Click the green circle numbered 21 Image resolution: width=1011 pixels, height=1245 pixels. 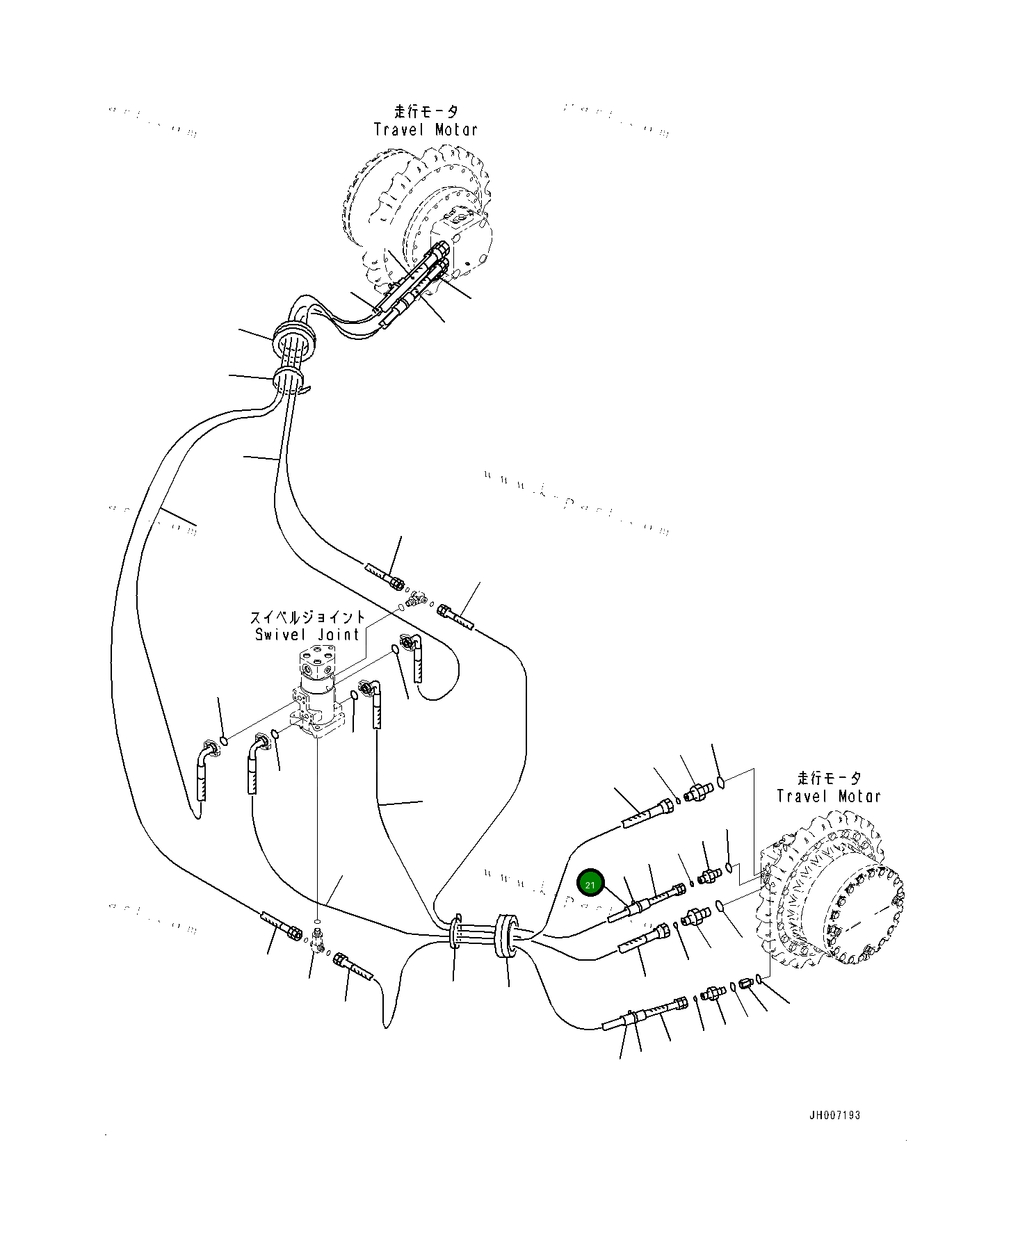(590, 884)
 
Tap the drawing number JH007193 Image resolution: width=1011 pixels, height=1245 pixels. (834, 1115)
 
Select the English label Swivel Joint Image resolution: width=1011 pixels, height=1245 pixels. (307, 635)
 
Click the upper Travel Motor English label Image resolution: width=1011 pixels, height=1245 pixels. (426, 130)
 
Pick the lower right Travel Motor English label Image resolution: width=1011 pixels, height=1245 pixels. (829, 797)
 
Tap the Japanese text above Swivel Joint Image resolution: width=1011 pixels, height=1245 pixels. (307, 617)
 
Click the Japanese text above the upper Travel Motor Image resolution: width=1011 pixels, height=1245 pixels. (426, 112)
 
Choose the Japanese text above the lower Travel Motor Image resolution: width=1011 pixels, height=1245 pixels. (829, 779)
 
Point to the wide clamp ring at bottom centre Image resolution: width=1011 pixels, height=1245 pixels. (506, 936)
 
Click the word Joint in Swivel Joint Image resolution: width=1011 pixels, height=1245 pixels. (339, 635)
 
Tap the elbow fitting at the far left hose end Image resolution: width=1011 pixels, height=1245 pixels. (207, 751)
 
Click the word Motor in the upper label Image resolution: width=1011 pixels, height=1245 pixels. (456, 130)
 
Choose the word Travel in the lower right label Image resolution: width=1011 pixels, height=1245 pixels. (798, 797)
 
